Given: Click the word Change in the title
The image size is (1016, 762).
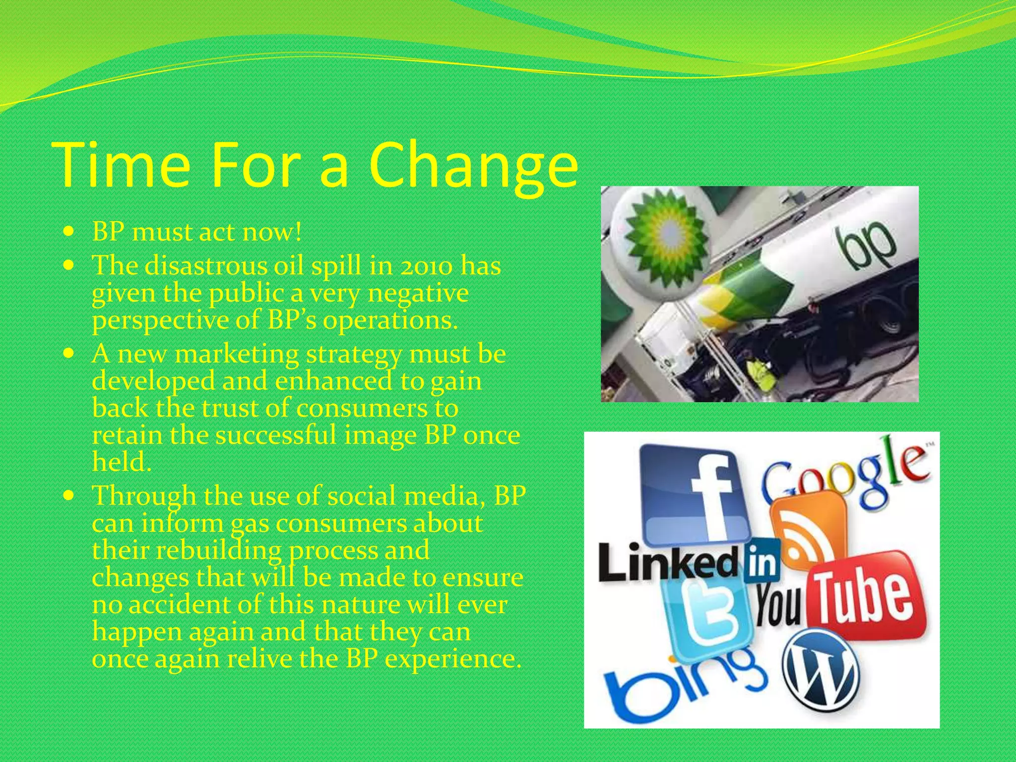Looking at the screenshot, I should tap(474, 165).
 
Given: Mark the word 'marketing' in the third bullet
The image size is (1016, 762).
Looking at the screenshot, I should tap(237, 354).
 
